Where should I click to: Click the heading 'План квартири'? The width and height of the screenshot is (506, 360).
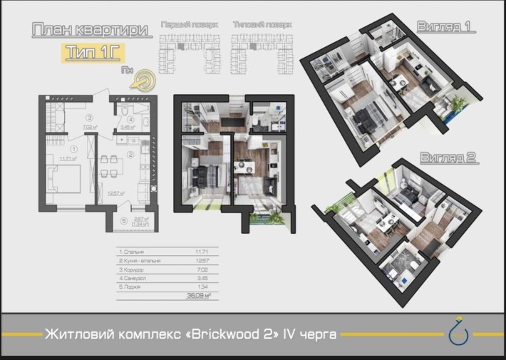click(x=90, y=31)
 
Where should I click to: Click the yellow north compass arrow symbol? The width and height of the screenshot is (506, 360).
click(x=145, y=78)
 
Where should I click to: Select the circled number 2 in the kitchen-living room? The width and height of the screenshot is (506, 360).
click(x=130, y=153)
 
